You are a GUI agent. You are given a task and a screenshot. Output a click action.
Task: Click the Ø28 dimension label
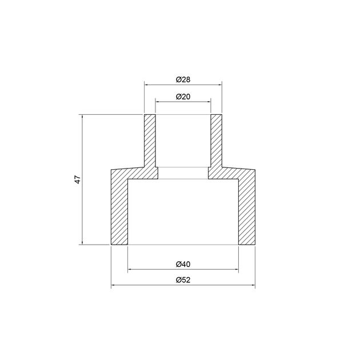pos(183,78)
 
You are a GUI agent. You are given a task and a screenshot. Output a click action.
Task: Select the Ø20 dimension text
pos(183,97)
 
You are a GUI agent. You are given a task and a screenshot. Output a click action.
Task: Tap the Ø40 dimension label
pos(183,263)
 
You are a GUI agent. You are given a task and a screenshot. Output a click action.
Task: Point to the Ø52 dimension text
pos(183,279)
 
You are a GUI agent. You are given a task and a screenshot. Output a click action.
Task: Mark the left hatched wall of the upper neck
pos(150,141)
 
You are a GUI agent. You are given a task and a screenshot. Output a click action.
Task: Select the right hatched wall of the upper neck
pos(216,141)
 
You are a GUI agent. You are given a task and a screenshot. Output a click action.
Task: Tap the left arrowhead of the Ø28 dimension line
pos(146,85)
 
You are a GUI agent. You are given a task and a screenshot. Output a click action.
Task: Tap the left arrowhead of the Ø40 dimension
pos(130,269)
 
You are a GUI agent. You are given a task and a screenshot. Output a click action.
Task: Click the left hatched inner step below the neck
pos(150,173)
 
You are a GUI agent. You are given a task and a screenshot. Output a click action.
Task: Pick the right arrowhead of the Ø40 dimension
pos(236,269)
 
